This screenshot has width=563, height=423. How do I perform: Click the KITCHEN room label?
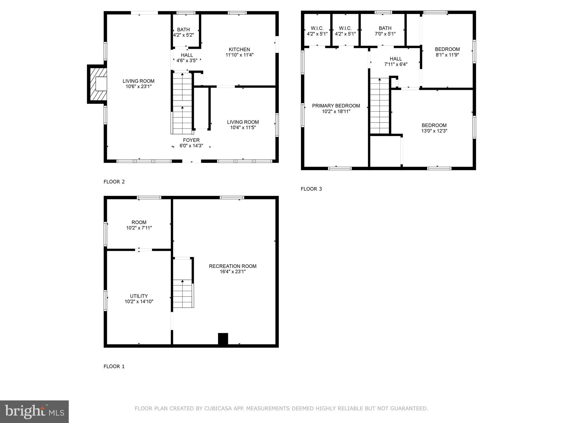pos(239,50)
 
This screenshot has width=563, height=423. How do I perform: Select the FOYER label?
pos(191,140)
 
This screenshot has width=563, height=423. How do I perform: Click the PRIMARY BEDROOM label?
pos(336,106)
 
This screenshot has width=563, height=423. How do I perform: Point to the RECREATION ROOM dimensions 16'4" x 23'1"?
pos(233,272)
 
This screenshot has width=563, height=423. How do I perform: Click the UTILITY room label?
pos(139,296)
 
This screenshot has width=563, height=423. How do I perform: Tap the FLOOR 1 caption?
pos(114,366)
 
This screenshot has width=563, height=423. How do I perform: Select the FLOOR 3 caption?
pos(311,189)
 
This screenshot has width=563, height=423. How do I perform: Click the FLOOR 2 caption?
pos(114,182)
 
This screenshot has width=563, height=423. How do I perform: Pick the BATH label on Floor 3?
pos(385,28)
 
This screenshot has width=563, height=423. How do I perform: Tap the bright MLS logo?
pos(34,412)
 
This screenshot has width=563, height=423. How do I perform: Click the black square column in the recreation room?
pos(223,339)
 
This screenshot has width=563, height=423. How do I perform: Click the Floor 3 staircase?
pos(380,106)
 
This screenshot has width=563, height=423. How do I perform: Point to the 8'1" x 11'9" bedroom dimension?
pos(447,55)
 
